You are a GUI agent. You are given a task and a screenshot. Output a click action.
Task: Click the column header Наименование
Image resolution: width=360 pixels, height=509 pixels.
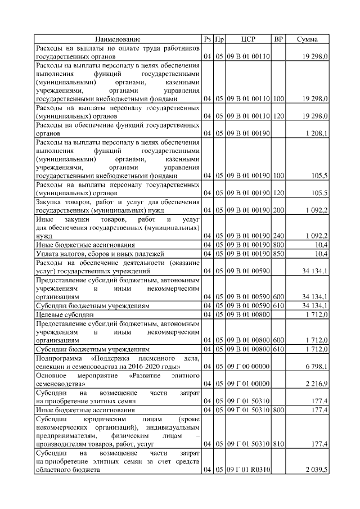click(x=118, y=39)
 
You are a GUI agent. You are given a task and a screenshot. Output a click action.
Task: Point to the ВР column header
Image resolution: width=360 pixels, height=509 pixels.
click(x=278, y=39)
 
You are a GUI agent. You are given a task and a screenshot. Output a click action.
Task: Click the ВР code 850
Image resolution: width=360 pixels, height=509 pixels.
click(x=278, y=253)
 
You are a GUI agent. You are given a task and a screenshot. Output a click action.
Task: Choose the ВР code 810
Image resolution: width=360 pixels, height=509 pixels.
click(x=278, y=444)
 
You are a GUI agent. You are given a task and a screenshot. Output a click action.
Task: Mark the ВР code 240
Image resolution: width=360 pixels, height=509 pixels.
click(x=278, y=236)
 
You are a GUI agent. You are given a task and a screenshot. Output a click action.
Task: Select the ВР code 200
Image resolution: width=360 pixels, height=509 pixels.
click(x=278, y=210)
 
